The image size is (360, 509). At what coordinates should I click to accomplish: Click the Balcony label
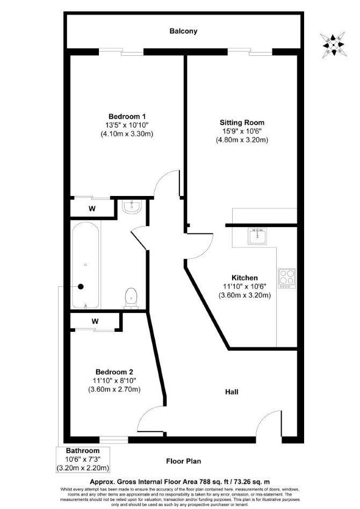click(x=183, y=31)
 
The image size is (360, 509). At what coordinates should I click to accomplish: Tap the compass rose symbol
click(x=333, y=45)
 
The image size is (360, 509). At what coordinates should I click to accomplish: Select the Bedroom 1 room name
click(x=127, y=117)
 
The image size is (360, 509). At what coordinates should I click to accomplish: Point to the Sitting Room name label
click(x=242, y=123)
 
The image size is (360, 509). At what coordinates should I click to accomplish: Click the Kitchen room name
click(x=244, y=278)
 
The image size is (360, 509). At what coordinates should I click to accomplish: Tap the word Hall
click(x=232, y=392)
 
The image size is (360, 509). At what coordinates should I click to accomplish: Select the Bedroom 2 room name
click(x=114, y=372)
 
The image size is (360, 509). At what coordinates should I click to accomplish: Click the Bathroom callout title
click(x=83, y=451)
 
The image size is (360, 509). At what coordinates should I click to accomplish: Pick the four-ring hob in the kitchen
click(x=286, y=279)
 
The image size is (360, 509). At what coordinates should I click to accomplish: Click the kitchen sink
click(x=257, y=236)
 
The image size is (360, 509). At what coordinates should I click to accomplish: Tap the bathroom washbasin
click(x=132, y=207)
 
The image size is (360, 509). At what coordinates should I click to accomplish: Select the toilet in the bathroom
click(x=131, y=298)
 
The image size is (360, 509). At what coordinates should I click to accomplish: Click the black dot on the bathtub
click(x=81, y=287)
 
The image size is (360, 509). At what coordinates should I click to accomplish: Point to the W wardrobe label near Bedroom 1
click(x=92, y=209)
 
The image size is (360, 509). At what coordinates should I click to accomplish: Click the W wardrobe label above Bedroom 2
click(x=95, y=322)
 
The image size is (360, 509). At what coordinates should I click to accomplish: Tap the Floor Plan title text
click(x=184, y=461)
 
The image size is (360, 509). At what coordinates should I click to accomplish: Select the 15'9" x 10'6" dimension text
click(x=242, y=131)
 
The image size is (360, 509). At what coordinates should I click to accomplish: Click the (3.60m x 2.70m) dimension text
click(x=114, y=390)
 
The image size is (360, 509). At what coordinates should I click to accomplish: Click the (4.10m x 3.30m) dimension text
click(x=127, y=134)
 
